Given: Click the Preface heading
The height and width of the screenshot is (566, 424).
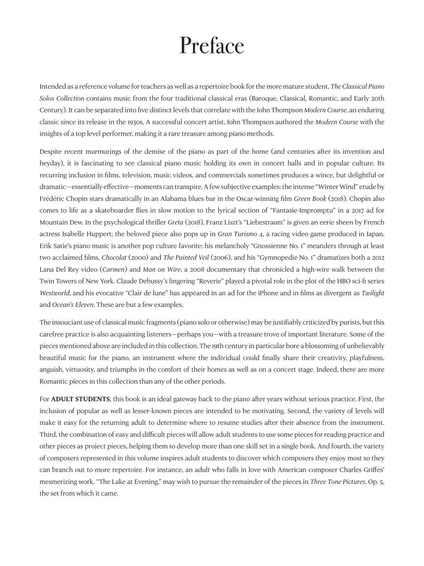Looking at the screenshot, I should pos(212,46).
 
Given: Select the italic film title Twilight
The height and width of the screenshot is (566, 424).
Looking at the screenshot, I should pos(372,293).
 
